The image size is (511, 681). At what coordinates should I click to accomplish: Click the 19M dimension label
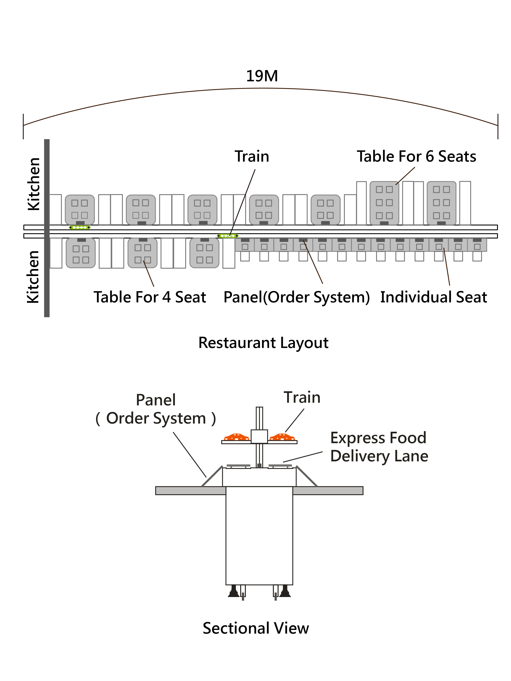(x=262, y=76)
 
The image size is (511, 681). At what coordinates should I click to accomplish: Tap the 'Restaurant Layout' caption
(x=263, y=343)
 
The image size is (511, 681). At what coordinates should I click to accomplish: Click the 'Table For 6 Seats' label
(x=416, y=156)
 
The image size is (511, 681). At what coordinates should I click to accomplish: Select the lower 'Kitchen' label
(x=33, y=277)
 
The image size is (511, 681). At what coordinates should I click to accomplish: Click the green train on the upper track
(x=80, y=228)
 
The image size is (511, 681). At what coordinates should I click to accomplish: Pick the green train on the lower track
(x=228, y=236)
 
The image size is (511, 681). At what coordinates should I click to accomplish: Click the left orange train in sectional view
(x=236, y=437)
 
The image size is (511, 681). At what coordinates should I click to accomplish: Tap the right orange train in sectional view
(x=282, y=437)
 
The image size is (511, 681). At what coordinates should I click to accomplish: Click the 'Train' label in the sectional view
(x=302, y=397)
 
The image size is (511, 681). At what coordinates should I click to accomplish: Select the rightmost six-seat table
(x=441, y=203)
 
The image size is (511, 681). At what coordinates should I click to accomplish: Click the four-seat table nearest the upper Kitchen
(x=80, y=210)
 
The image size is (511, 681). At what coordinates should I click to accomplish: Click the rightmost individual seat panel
(x=477, y=245)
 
